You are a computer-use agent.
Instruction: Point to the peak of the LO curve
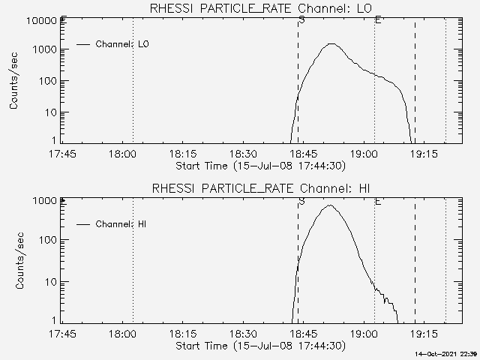[331, 43]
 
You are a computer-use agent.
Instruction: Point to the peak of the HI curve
[330, 205]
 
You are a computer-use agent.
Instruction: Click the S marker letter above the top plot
[301, 19]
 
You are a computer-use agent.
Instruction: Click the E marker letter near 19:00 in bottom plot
[377, 201]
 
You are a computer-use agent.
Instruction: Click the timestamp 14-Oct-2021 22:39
[446, 353]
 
